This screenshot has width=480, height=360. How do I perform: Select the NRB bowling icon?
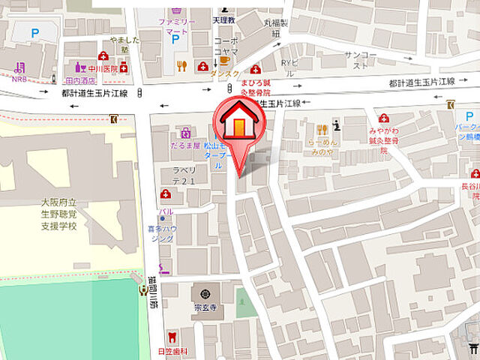pyautogui.click(x=18, y=66)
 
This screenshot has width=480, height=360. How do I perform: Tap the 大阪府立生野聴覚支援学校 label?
pyautogui.click(x=59, y=214)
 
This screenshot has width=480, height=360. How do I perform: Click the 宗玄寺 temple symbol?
pyautogui.click(x=204, y=291)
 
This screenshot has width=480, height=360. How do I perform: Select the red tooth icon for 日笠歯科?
pyautogui.click(x=172, y=337)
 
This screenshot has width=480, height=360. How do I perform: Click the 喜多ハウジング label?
pyautogui.click(x=163, y=232)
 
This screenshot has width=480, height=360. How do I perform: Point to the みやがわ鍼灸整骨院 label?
pyautogui.click(x=383, y=139)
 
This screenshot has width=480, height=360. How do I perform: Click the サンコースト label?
pyautogui.click(x=359, y=60)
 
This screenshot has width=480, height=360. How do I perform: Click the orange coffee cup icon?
pyautogui.click(x=223, y=60)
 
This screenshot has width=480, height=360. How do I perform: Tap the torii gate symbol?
pyautogui.click(x=471, y=346)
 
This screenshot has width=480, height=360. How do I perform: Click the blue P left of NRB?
pyautogui.click(x=34, y=32)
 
